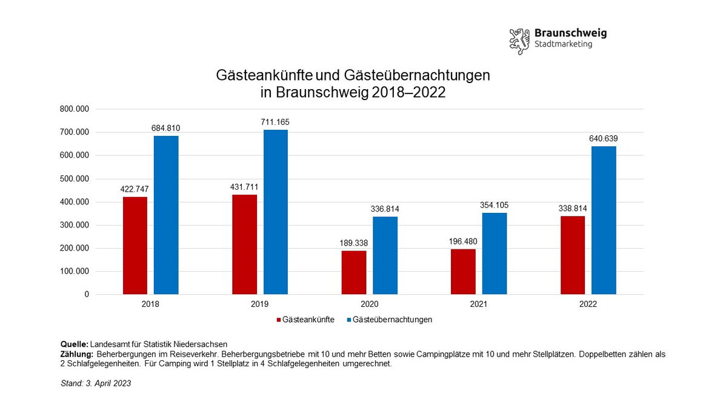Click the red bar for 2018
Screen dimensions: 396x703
point(135,246)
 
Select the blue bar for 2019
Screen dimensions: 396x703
point(275,212)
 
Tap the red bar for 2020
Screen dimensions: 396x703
point(353,272)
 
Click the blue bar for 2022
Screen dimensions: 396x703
point(604,220)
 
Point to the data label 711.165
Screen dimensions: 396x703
point(275,122)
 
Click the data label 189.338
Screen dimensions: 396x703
point(354,243)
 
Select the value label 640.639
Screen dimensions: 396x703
point(604,139)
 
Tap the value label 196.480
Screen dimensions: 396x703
point(464,241)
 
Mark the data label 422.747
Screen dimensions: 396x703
point(135,189)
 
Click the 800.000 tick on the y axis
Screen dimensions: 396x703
point(75,109)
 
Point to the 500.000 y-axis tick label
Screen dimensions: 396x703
point(75,179)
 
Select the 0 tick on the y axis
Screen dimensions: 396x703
point(87,295)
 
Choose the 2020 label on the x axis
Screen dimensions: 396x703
point(369,304)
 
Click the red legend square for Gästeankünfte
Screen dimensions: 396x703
point(279,320)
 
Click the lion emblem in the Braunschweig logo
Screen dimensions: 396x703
point(519,41)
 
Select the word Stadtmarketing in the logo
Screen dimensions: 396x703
point(563,44)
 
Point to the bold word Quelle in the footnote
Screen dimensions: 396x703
point(74,344)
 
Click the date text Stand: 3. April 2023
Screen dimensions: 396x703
point(96,383)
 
